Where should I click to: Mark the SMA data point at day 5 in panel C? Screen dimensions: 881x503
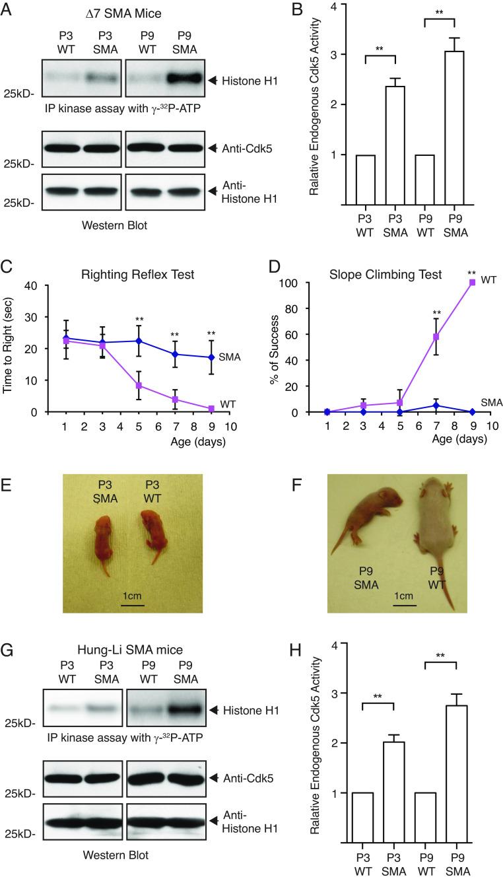point(139,341)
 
